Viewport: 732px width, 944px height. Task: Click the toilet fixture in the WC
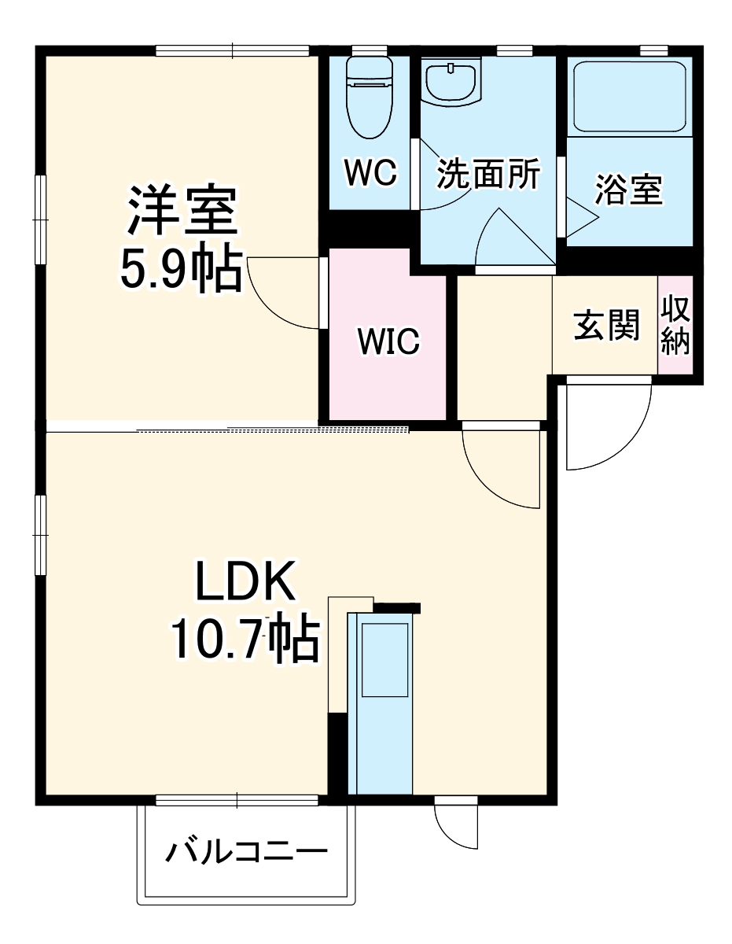(x=368, y=94)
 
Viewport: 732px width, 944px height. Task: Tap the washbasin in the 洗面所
(x=451, y=82)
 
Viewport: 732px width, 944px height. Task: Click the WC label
(x=371, y=172)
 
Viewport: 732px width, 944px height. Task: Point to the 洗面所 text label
(x=488, y=174)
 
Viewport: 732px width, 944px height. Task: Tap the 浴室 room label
(x=628, y=190)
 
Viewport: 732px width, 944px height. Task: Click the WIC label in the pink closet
(x=388, y=341)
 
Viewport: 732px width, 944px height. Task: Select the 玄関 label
(x=605, y=325)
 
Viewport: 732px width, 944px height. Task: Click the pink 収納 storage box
(x=675, y=325)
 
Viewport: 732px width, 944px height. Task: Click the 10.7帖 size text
(x=244, y=640)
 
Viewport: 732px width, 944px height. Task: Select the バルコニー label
(x=245, y=853)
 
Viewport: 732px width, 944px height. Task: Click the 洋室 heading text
(x=182, y=211)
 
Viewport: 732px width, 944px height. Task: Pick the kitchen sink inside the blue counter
(x=384, y=659)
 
